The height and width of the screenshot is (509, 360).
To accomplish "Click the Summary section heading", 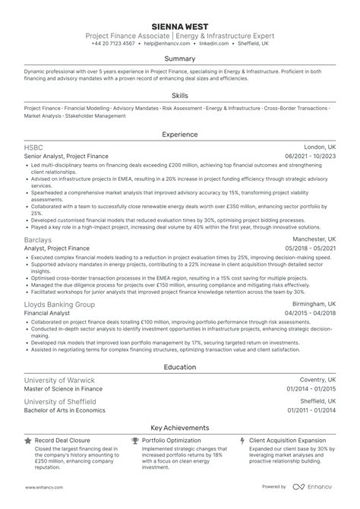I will point(180,58).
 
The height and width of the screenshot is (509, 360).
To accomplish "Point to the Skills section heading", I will point(180,96).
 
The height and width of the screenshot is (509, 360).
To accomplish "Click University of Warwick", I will point(60,379).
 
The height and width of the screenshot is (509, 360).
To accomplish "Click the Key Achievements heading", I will point(180,428).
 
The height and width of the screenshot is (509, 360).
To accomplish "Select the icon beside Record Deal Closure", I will point(28,440).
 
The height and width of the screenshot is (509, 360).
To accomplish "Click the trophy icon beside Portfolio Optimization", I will point(135,440).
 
